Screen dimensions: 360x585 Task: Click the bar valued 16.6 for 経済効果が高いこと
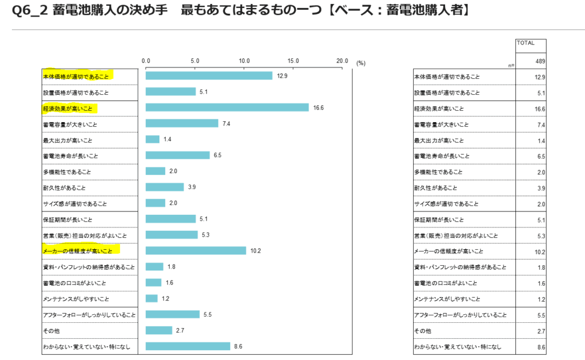coord(227,107)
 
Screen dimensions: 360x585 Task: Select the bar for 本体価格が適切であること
coord(209,75)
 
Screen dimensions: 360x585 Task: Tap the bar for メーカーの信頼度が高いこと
coord(195,250)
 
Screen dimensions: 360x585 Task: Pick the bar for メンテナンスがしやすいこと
coord(151,298)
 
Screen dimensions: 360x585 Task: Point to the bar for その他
coord(159,330)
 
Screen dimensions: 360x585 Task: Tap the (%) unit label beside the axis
coord(360,63)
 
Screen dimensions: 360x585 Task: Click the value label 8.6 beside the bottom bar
coord(238,346)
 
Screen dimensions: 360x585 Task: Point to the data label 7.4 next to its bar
coord(226,123)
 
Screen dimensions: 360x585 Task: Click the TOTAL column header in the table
coord(526,42)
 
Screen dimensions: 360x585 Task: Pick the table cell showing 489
coord(540,61)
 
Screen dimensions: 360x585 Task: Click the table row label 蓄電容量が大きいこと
coord(441,125)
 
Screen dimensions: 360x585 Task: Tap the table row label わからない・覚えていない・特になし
coord(458,347)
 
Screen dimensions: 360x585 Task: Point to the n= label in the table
coord(511,66)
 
